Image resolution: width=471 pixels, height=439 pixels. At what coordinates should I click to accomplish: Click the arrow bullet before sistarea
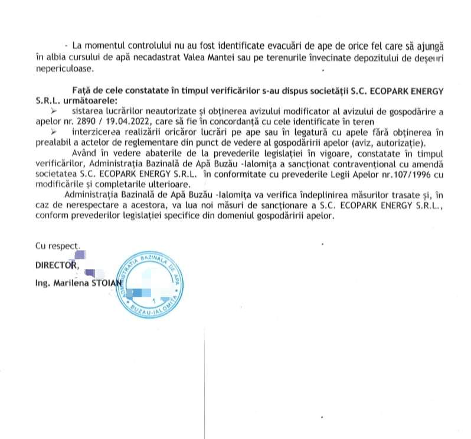[55, 110]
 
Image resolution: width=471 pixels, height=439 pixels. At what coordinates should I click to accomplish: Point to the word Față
[80, 90]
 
